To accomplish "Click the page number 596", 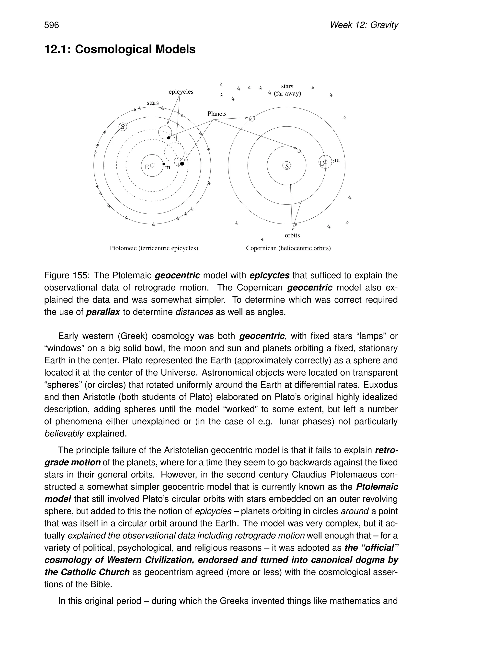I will point(52,25).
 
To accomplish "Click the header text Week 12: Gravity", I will point(364,25).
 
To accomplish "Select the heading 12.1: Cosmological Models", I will point(120,49).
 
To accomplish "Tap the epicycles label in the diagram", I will point(181,92).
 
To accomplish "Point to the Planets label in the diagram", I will point(217,114).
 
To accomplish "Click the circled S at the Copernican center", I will point(287,166).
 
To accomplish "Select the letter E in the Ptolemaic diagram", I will point(147,167).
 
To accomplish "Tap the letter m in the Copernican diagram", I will point(337,160).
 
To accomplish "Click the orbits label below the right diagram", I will point(292,235).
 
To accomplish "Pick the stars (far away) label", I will point(287,90).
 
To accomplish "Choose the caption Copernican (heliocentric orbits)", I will point(288,248).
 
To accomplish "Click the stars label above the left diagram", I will point(153,103).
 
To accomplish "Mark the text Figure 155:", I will point(67,275).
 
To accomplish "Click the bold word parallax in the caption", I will point(103,312).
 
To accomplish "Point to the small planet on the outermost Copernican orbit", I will point(252,119).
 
